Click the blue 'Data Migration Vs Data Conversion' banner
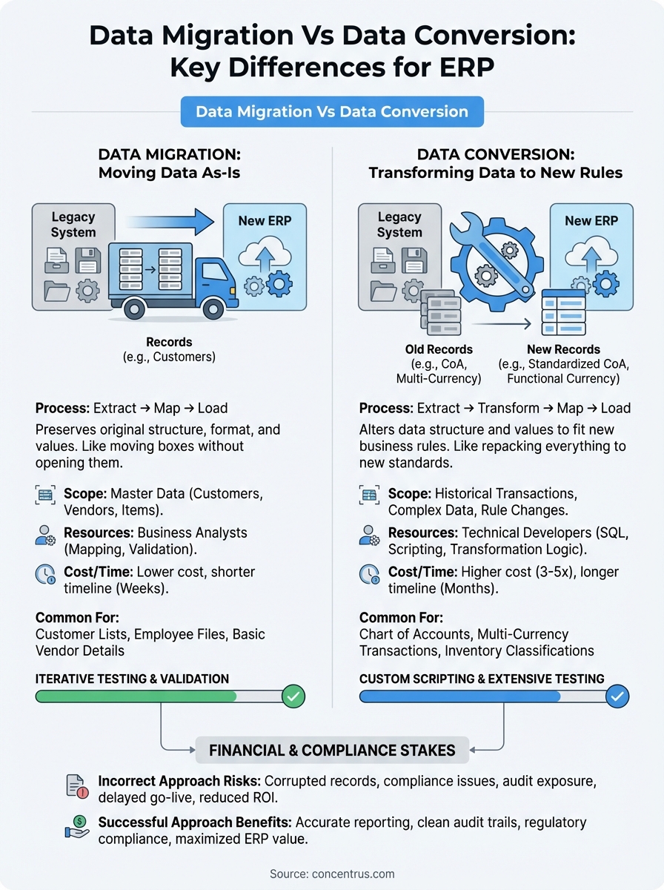[332, 112]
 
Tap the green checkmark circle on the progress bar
[293, 696]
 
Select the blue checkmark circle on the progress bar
[617, 696]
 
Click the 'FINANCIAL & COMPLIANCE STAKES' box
[332, 750]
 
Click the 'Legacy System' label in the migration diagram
[73, 224]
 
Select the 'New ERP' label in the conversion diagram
[591, 220]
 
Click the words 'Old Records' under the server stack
[439, 349]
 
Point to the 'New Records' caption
[563, 349]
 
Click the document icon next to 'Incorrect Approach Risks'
[77, 787]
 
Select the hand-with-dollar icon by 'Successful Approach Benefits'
[77, 828]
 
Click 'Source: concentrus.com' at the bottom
[332, 874]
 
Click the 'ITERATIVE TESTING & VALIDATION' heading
[132, 679]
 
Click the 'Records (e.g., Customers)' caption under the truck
[169, 349]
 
